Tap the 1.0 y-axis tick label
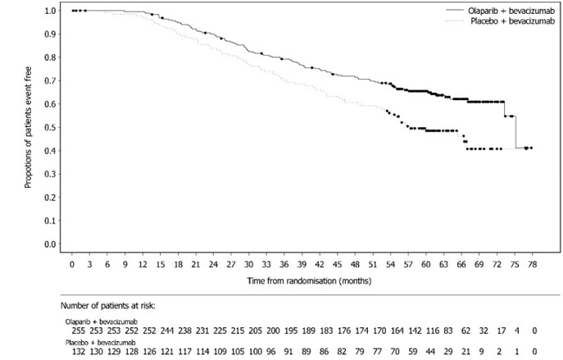pos(50,11)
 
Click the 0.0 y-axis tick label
pos(50,244)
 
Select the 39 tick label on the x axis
pos(302,265)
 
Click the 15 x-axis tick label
pos(161,265)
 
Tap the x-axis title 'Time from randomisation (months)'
pos(301,280)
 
